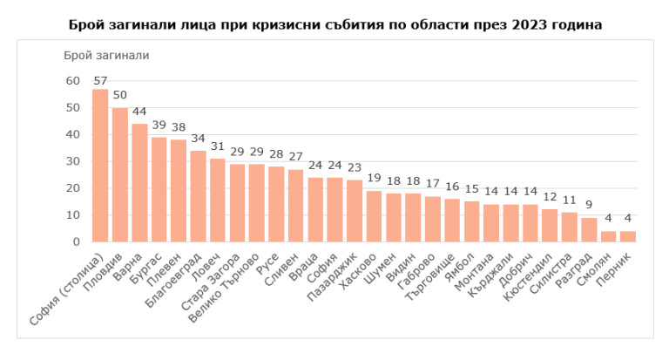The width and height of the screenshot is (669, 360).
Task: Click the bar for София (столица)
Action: point(100,166)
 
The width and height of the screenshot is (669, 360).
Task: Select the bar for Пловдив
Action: point(120,174)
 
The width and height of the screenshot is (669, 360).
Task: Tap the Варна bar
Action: point(139,183)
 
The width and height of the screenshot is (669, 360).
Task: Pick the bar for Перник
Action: point(628,236)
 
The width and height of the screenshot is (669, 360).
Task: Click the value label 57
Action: point(100,81)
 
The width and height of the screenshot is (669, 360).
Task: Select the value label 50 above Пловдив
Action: point(120,95)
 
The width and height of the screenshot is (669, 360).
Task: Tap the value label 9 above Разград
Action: point(589,206)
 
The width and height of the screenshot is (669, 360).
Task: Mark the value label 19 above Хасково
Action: point(374,179)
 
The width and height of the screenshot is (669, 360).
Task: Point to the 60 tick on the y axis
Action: point(72,81)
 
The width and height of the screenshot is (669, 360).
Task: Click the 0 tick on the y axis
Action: point(76,241)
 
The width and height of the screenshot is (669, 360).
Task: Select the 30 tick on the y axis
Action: point(72,161)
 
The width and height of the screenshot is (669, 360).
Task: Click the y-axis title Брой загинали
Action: point(106,55)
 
